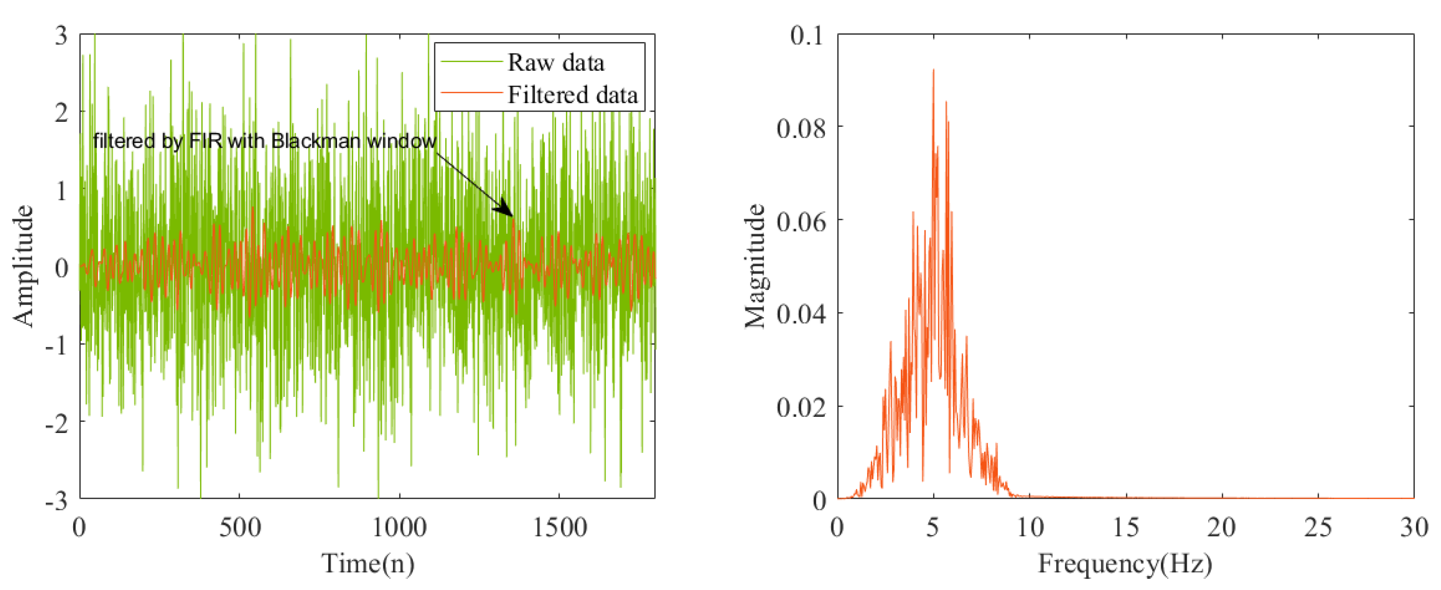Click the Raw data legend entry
[x=555, y=63]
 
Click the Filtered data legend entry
[x=572, y=95]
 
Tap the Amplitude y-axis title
[x=24, y=266]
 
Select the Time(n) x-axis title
[x=368, y=563]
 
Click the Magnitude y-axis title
[x=755, y=266]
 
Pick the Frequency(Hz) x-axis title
[x=1125, y=563]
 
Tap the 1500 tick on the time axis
[x=559, y=528]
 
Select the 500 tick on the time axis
[x=239, y=528]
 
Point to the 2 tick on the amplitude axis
[x=62, y=113]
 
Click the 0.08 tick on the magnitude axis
[x=800, y=128]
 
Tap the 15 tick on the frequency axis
[x=1125, y=528]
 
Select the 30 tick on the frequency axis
[x=1414, y=528]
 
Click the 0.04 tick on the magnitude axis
[x=800, y=314]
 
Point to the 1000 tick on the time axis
[x=399, y=528]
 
